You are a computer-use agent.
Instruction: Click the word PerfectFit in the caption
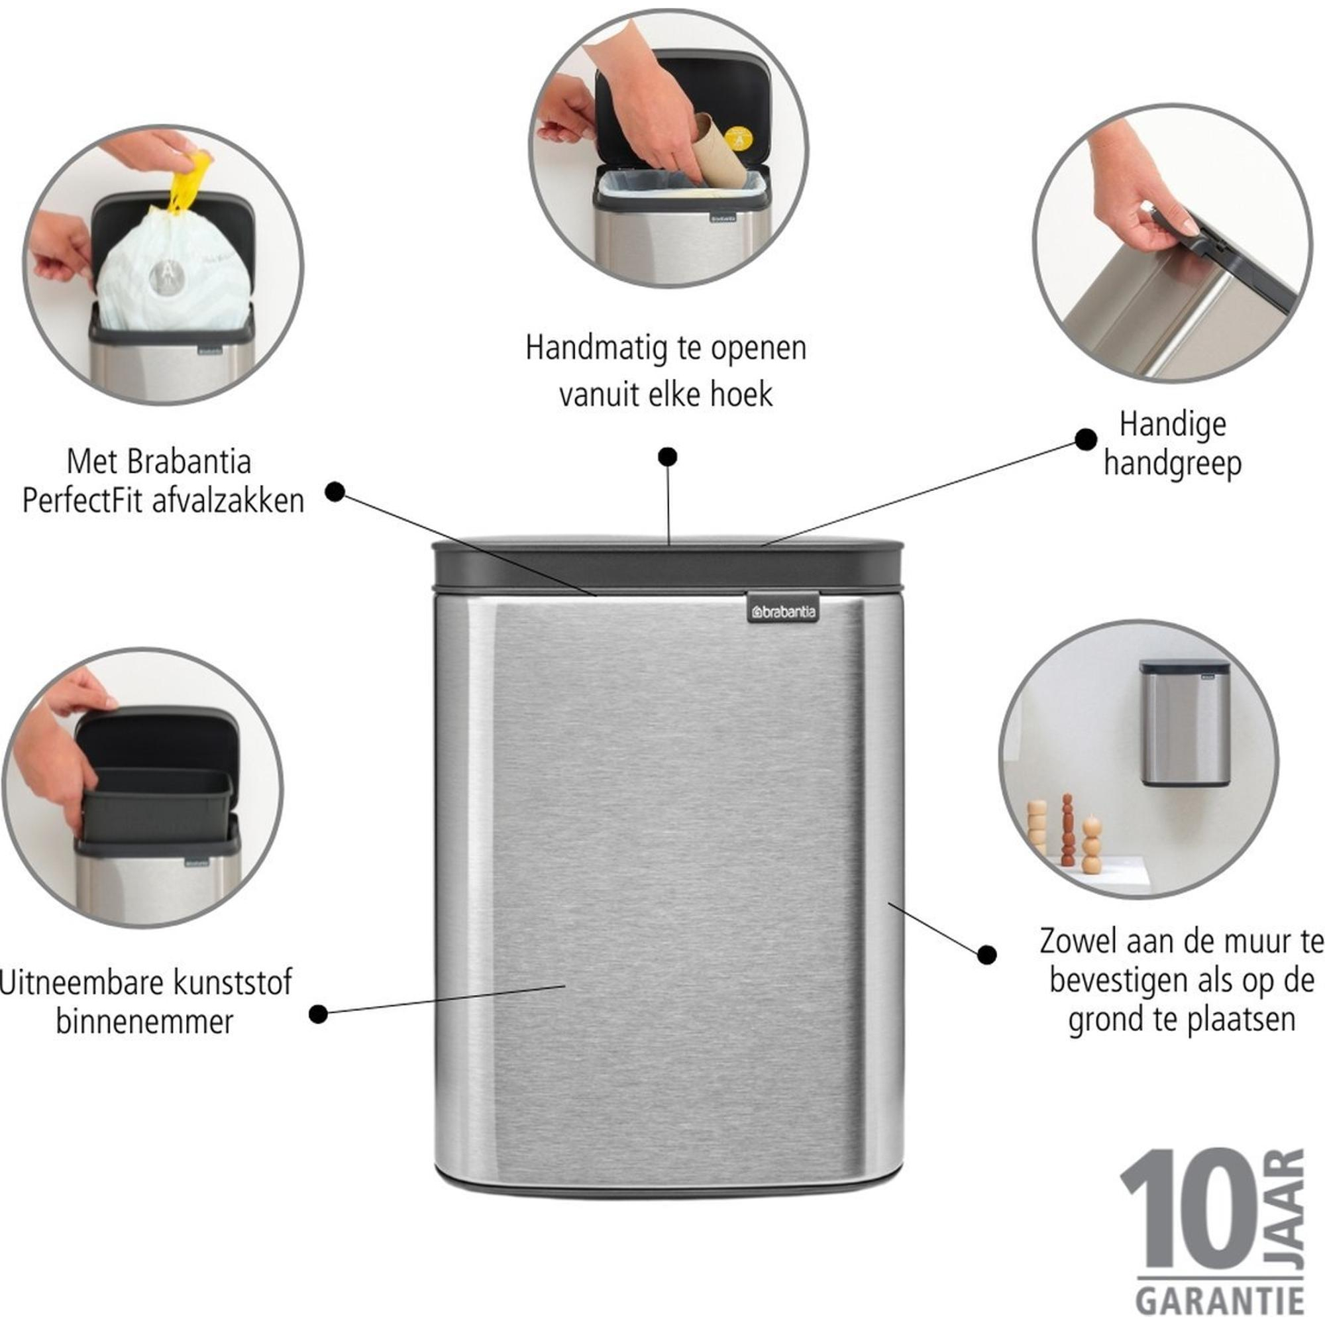click(x=83, y=501)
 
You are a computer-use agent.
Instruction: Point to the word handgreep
click(x=1173, y=464)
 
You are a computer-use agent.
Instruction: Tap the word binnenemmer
click(x=144, y=1022)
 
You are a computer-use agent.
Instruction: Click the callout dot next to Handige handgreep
click(x=1086, y=440)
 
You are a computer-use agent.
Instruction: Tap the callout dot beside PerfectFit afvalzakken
click(x=335, y=492)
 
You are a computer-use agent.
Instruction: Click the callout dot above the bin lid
click(x=667, y=456)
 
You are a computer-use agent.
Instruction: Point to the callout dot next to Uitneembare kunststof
click(x=318, y=1014)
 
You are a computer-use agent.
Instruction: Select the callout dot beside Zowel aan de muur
click(x=987, y=954)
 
